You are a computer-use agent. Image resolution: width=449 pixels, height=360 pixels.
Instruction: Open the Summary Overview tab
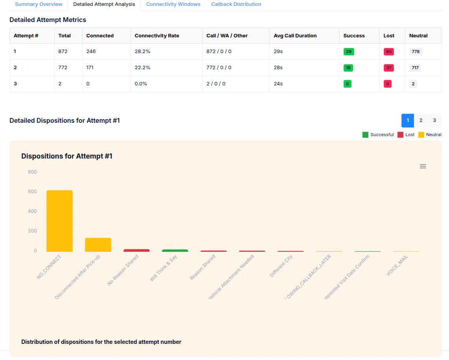(39, 4)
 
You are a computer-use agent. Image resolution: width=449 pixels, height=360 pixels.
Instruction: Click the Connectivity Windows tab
(173, 4)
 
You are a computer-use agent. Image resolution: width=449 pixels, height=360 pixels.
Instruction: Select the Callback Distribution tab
(236, 4)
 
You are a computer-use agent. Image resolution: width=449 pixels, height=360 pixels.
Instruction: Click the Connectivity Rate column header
(156, 36)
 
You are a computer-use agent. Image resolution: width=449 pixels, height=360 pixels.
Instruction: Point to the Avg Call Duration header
(295, 36)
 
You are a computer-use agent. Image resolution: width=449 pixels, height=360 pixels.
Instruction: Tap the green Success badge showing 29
(348, 52)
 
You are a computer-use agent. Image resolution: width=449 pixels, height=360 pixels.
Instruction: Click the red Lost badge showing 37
(388, 68)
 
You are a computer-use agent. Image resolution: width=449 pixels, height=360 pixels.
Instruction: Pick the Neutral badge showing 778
(415, 52)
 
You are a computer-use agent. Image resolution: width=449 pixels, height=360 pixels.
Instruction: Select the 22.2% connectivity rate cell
(142, 68)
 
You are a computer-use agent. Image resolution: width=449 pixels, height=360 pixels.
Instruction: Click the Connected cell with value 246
(91, 52)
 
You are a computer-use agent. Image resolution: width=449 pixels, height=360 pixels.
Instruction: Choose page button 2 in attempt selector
(421, 120)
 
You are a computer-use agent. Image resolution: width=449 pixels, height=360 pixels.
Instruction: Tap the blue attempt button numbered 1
(408, 120)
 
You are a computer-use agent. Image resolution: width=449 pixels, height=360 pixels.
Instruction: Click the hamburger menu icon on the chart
(423, 166)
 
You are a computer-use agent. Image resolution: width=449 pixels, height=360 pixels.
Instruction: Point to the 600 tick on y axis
(32, 192)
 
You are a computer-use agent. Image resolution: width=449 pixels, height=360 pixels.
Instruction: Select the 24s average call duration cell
(278, 84)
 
